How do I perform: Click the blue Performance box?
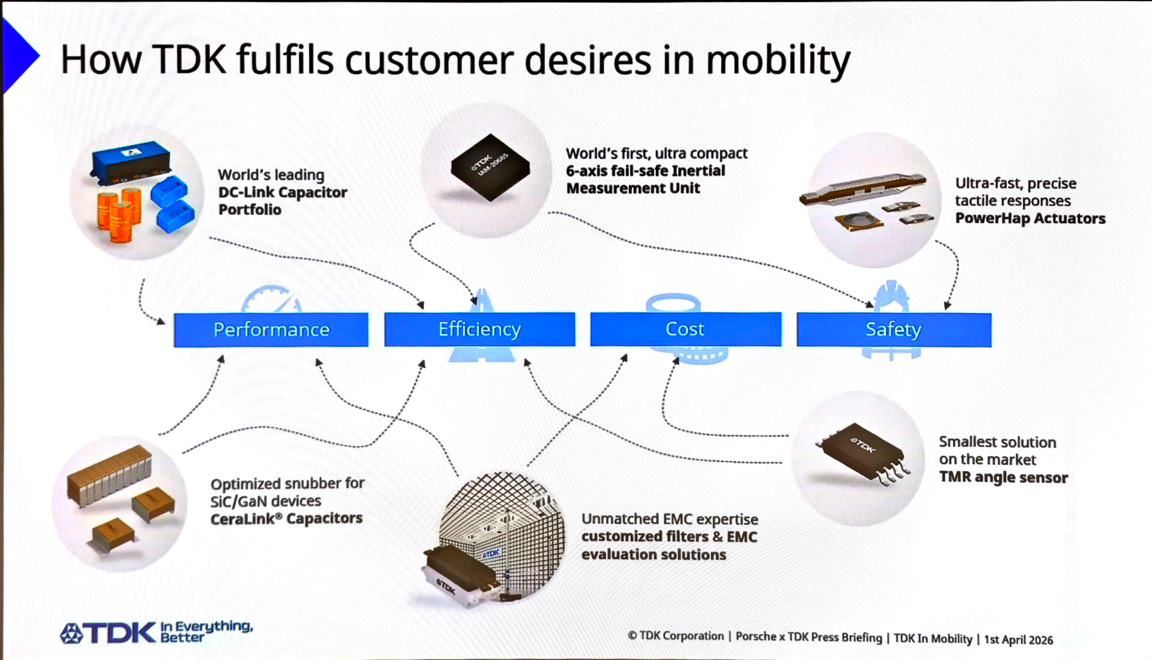pyautogui.click(x=271, y=329)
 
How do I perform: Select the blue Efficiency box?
pyautogui.click(x=479, y=329)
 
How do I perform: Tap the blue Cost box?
pyautogui.click(x=685, y=329)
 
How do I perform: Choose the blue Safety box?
pyautogui.click(x=893, y=329)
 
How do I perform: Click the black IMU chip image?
pyautogui.click(x=490, y=167)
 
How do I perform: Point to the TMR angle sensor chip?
pyautogui.click(x=863, y=455)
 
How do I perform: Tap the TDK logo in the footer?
pyautogui.click(x=108, y=633)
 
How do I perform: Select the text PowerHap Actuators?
pyautogui.click(x=1030, y=218)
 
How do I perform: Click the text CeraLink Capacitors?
pyautogui.click(x=286, y=518)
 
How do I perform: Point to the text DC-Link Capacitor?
pyautogui.click(x=283, y=193)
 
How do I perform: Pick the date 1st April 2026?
pyautogui.click(x=1018, y=640)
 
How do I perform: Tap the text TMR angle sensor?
pyautogui.click(x=1003, y=478)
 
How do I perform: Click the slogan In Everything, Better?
pyautogui.click(x=206, y=631)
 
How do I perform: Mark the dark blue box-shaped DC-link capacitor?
pyautogui.click(x=131, y=159)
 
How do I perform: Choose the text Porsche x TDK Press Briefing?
pyautogui.click(x=808, y=637)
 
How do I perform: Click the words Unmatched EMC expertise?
pyautogui.click(x=670, y=519)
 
